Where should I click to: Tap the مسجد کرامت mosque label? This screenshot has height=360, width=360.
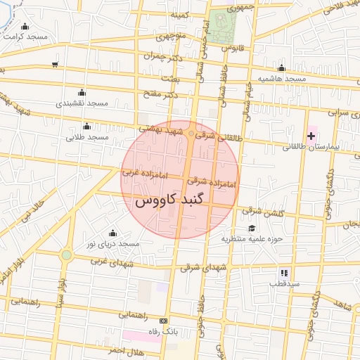coord(25,35)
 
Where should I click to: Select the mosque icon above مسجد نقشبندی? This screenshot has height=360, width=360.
coord(82,92)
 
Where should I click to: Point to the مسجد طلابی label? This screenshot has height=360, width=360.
coord(87,137)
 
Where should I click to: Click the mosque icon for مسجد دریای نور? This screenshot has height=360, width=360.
coord(112,233)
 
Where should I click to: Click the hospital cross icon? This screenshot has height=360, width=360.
coord(311,134)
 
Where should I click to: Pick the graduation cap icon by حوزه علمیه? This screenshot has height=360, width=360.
coord(251,228)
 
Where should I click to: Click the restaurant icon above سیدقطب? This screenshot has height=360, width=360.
coord(284,272)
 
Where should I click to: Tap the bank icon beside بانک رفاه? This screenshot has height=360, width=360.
coord(165,320)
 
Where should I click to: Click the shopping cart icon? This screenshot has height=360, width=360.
coord(55,65)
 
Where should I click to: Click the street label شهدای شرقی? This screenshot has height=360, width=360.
coord(204,267)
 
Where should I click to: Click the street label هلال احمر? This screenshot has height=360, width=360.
coord(107,350)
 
